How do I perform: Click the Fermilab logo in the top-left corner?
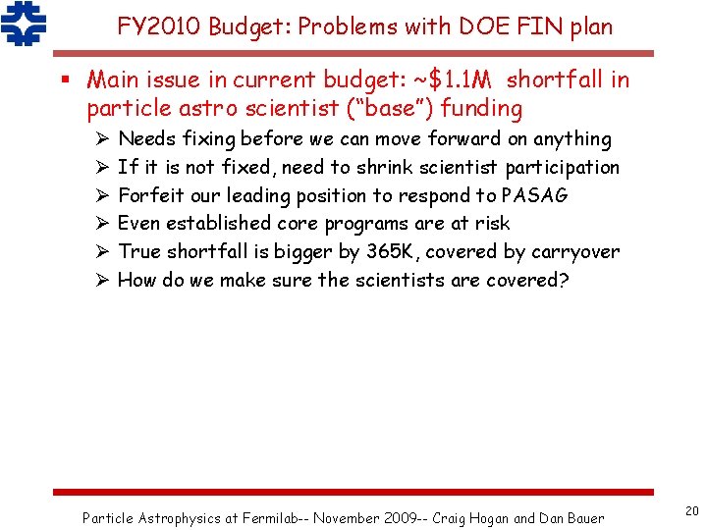(x=24, y=25)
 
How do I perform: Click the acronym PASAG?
(x=534, y=195)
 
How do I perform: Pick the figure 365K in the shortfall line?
(x=394, y=251)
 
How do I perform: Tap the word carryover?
(x=575, y=251)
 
